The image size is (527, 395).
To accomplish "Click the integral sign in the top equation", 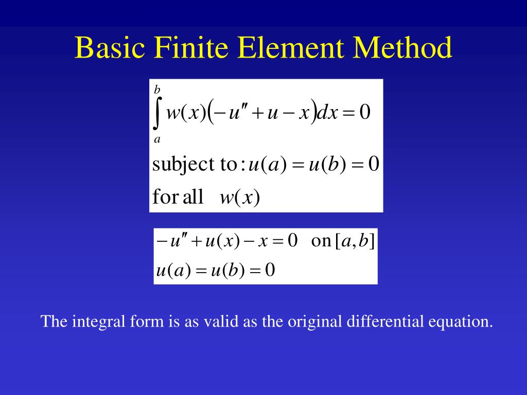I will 158,113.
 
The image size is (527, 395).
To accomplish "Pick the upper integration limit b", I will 157,90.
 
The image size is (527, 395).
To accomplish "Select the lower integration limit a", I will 157,139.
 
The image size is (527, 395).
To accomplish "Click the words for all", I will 178,197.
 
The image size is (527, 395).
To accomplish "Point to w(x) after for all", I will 239,197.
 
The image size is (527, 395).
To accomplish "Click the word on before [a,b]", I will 321,241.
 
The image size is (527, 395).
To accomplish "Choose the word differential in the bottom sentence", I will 385,322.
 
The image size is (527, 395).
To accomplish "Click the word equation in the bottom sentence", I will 460,322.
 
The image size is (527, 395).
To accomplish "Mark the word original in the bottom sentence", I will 314,322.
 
